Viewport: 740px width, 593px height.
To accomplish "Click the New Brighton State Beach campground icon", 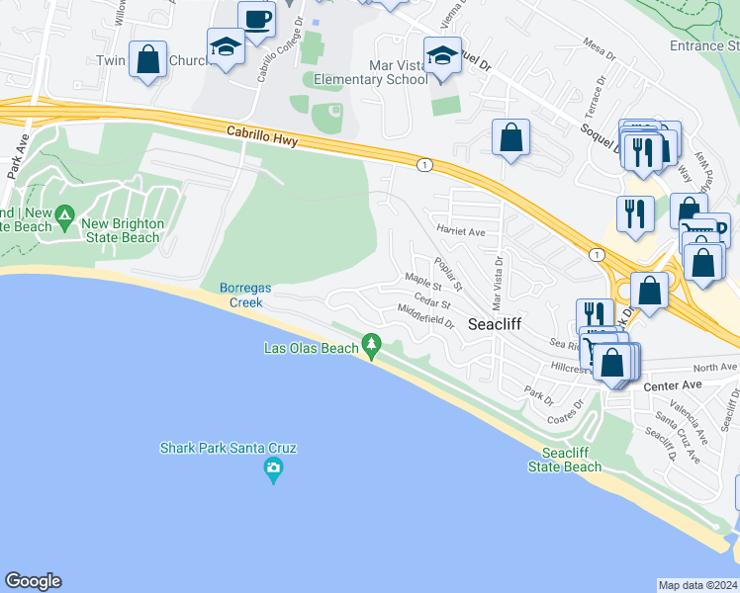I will click(x=64, y=214).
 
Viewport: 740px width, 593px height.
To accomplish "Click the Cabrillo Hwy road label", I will click(x=262, y=135).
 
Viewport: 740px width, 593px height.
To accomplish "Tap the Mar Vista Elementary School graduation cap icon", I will click(x=442, y=54).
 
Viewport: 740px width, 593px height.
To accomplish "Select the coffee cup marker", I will click(x=256, y=19).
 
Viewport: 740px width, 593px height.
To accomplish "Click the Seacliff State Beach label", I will click(x=565, y=460).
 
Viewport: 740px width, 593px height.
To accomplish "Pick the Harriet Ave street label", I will click(x=461, y=231).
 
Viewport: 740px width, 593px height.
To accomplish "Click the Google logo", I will click(x=34, y=581).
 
